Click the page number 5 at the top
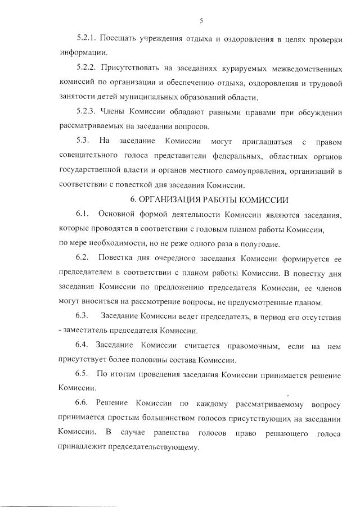pyautogui.click(x=201, y=22)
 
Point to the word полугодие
pyautogui.click(x=251, y=243)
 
